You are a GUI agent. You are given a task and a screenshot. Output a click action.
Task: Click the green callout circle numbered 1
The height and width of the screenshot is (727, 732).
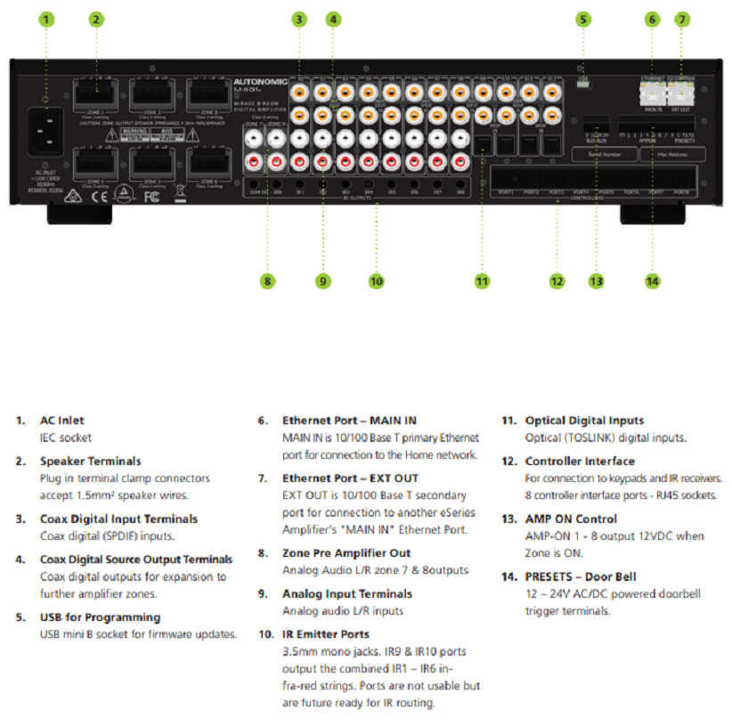click(47, 19)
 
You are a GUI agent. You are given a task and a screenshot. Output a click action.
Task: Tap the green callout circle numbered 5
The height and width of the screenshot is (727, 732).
click(583, 19)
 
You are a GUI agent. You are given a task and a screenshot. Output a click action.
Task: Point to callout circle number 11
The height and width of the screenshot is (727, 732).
click(482, 281)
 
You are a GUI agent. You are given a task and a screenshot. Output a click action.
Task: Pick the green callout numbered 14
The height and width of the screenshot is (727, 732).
click(653, 281)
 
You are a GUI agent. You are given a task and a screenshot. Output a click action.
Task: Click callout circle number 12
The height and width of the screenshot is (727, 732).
click(557, 281)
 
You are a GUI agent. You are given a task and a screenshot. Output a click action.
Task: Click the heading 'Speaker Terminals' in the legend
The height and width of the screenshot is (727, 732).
click(89, 462)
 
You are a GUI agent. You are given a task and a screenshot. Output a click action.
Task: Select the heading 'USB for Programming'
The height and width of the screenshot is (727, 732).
click(100, 617)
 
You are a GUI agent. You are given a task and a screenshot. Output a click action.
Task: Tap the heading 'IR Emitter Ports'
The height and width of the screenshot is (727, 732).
click(326, 634)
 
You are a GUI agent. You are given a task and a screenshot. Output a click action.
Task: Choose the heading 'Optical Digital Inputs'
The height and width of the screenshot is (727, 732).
click(584, 421)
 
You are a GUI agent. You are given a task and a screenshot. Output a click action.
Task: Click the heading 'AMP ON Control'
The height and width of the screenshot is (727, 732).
click(571, 519)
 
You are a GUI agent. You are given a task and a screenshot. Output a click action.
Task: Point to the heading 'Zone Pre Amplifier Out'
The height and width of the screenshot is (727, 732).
click(346, 553)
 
